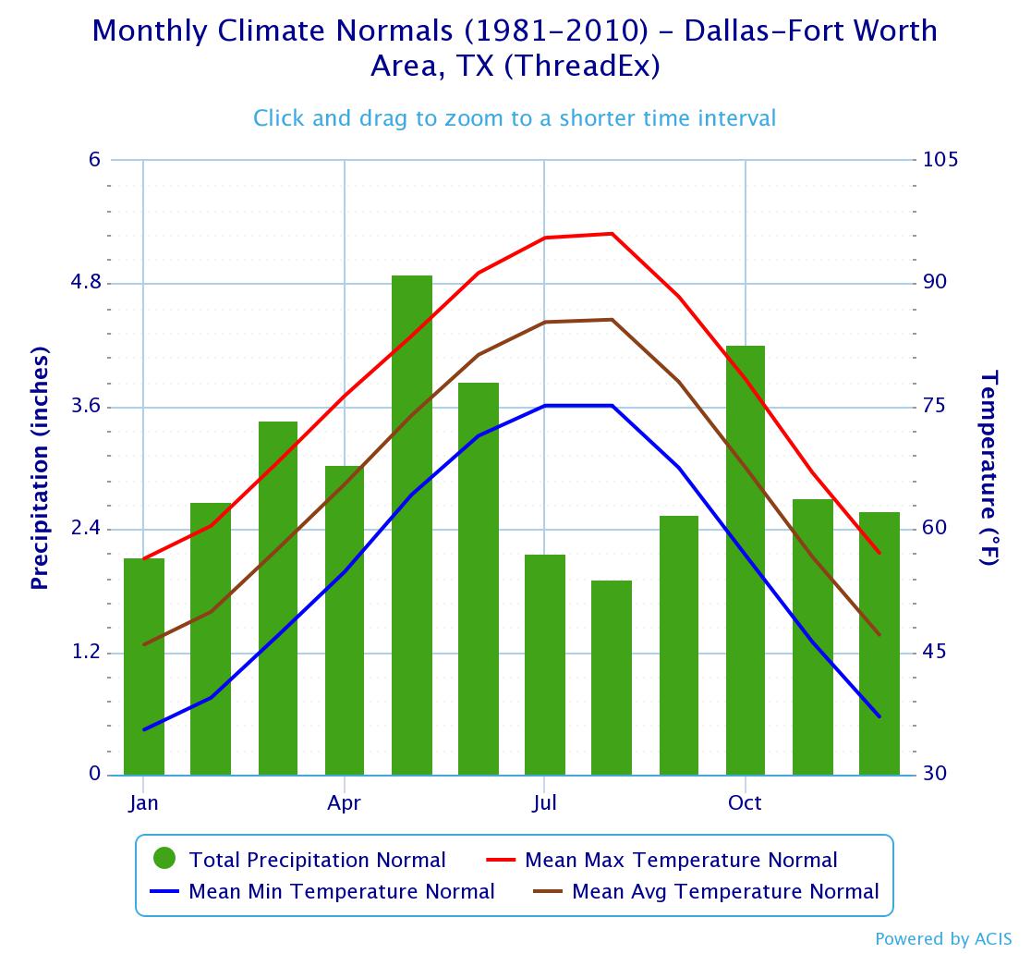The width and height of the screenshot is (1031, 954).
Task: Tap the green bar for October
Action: point(746,560)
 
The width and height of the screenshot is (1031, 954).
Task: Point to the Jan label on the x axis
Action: point(144,802)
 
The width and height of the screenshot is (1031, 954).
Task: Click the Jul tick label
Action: point(544,802)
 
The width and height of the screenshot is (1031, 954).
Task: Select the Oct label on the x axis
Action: point(745,802)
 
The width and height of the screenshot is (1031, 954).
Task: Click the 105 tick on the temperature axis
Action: point(940,160)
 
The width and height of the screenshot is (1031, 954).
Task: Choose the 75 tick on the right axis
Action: point(935,407)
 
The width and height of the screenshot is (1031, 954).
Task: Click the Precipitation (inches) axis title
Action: point(40,469)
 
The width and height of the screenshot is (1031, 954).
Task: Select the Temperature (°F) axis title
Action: point(989,468)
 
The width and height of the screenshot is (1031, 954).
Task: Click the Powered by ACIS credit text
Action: point(943,939)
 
